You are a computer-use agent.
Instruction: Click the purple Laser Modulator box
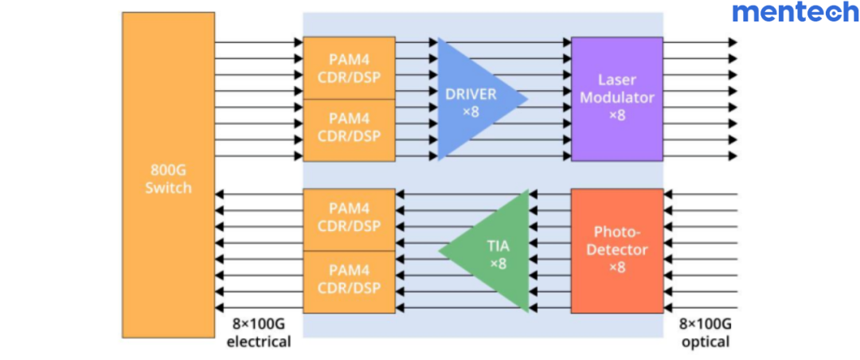point(617,98)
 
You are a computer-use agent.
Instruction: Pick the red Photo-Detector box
point(617,249)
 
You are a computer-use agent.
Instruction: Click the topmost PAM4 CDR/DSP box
point(349,68)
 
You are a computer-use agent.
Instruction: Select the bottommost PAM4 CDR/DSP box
point(349,280)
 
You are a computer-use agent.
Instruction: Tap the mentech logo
point(795,13)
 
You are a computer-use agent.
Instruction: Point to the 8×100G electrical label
point(259,333)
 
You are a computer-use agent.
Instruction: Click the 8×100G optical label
point(705,333)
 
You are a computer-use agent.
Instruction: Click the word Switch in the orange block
point(168,189)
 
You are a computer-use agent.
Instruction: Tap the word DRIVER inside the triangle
point(471,94)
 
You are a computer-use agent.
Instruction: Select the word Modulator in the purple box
point(617,97)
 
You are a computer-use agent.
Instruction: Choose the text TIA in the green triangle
point(498,245)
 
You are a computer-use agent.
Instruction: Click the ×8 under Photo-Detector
point(617,267)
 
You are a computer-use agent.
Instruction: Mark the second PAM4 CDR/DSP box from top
point(349,129)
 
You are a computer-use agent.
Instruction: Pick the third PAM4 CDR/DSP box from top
point(349,219)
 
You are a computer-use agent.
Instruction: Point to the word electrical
point(259,342)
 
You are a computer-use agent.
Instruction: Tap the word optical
point(705,342)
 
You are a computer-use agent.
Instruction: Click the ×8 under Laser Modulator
point(617,115)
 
